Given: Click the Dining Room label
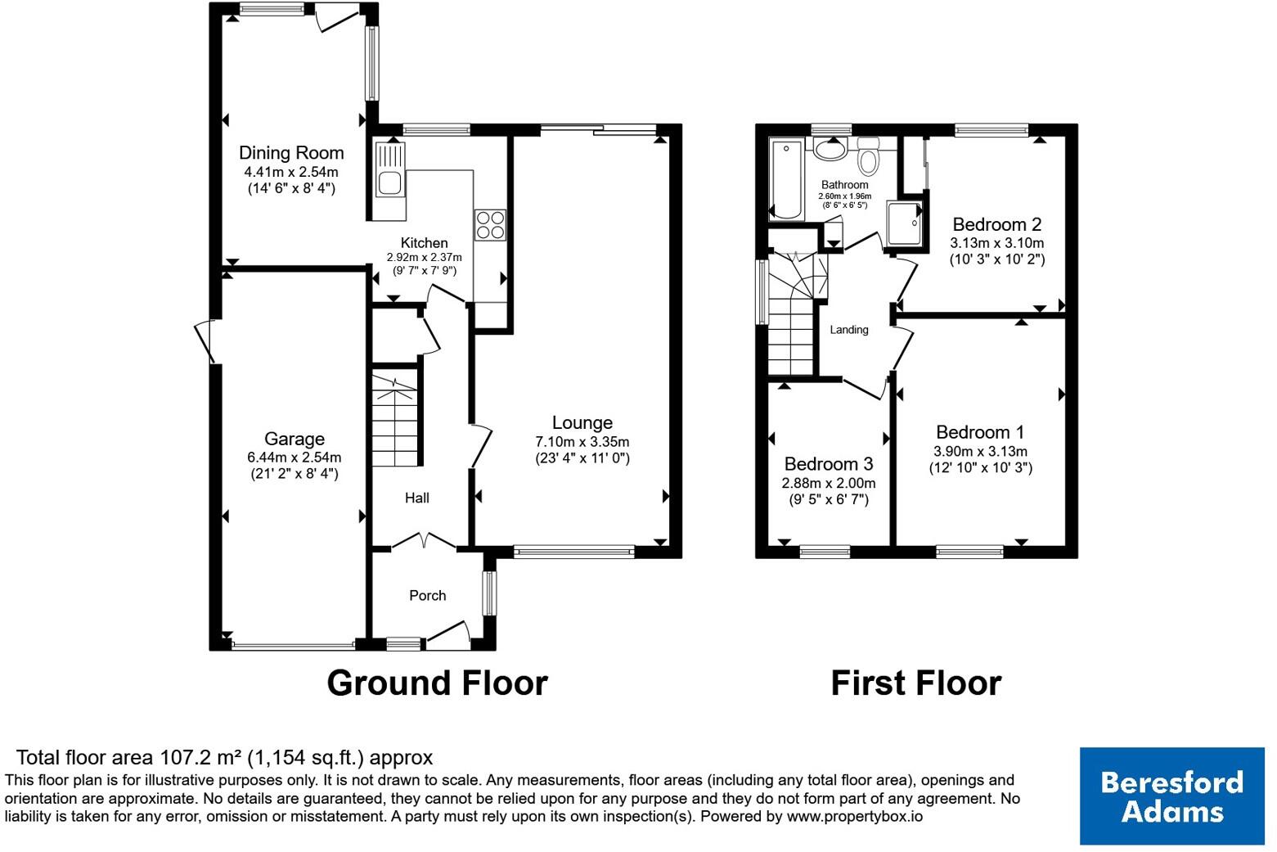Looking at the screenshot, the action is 291,153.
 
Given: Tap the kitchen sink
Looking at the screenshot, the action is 390,169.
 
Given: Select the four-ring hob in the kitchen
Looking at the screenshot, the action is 490,225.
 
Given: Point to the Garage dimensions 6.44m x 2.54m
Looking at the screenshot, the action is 295,457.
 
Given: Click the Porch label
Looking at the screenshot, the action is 428,595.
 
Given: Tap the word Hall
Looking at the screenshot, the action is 416,498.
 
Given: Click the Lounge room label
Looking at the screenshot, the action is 582,422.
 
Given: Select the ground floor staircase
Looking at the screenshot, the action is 395,418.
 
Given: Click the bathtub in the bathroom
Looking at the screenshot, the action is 786,179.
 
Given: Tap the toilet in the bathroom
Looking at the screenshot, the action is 868,156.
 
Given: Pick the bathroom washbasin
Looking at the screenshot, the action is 830,150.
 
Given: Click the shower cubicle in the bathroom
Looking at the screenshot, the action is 904,223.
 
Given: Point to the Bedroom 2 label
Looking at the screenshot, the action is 997,224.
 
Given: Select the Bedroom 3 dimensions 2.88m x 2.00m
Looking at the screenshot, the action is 829,483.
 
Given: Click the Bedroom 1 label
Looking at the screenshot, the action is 980,432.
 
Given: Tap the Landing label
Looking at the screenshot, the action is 849,330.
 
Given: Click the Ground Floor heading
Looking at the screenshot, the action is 437,683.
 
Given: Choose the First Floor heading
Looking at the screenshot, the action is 916,683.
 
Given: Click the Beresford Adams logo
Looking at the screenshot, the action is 1172,796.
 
